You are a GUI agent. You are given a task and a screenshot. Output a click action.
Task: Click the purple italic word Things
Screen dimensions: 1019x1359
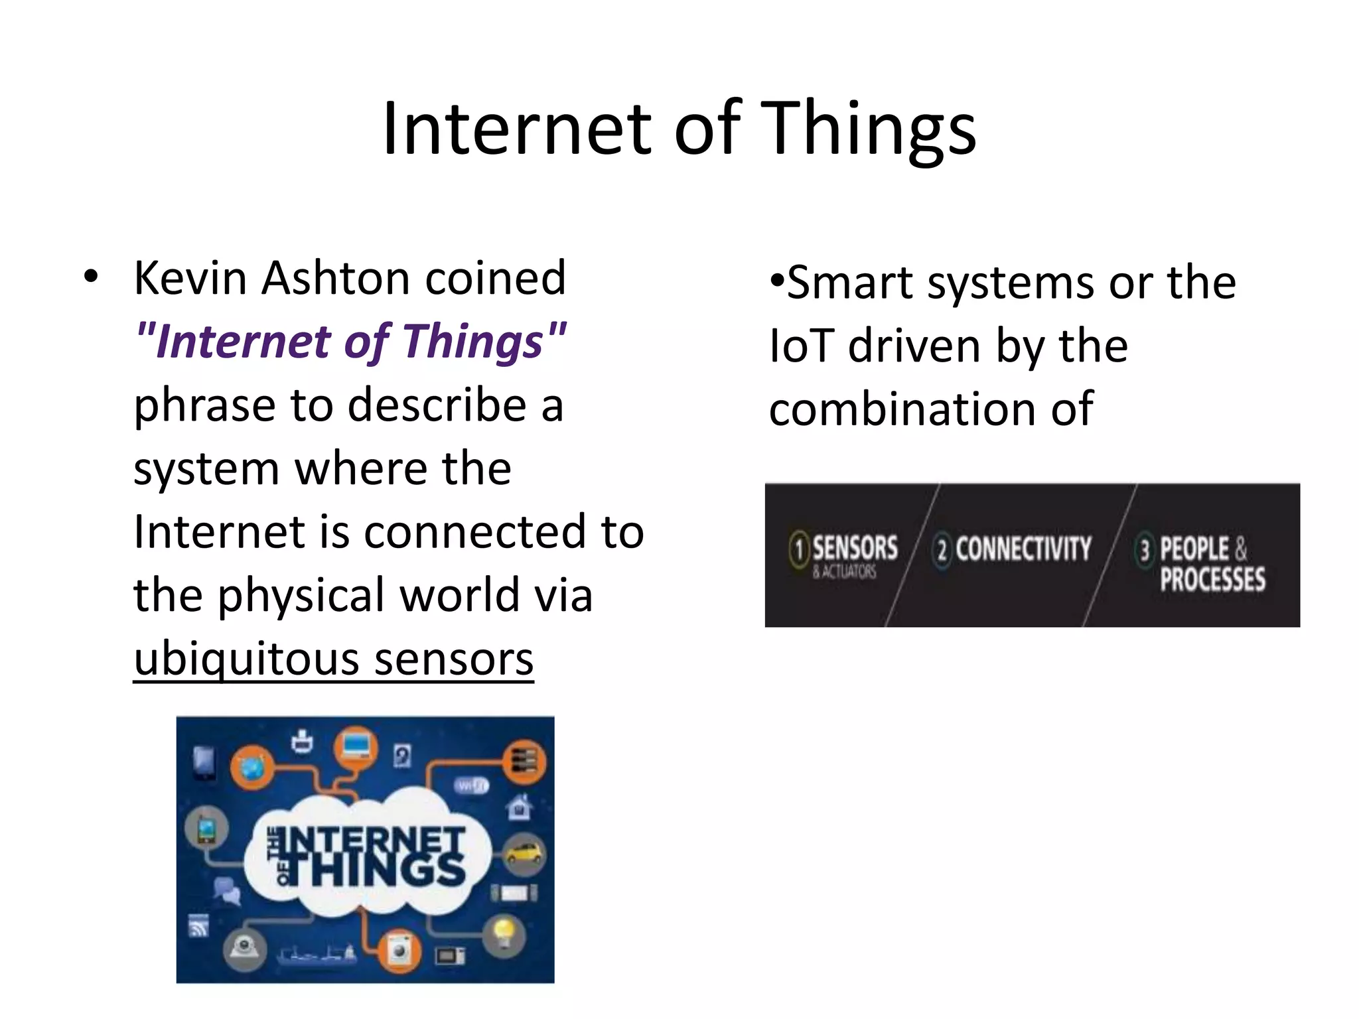click(472, 342)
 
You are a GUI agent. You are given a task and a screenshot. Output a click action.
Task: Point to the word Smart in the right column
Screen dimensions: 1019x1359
click(849, 283)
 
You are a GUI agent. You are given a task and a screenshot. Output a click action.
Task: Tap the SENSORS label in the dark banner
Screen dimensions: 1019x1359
click(855, 548)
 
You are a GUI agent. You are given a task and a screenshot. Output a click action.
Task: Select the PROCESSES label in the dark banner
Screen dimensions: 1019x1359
click(1212, 579)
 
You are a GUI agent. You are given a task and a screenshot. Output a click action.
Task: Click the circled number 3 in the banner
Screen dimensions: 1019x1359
click(1144, 550)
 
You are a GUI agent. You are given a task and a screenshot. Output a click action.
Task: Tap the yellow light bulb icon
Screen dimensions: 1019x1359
click(504, 935)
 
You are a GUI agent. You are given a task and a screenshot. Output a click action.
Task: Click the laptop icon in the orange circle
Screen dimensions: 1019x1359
click(356, 746)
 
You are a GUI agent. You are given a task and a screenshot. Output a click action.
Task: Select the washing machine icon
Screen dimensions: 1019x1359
click(399, 951)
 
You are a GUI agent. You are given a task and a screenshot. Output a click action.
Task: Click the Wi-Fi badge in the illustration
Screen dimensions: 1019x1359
click(470, 786)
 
